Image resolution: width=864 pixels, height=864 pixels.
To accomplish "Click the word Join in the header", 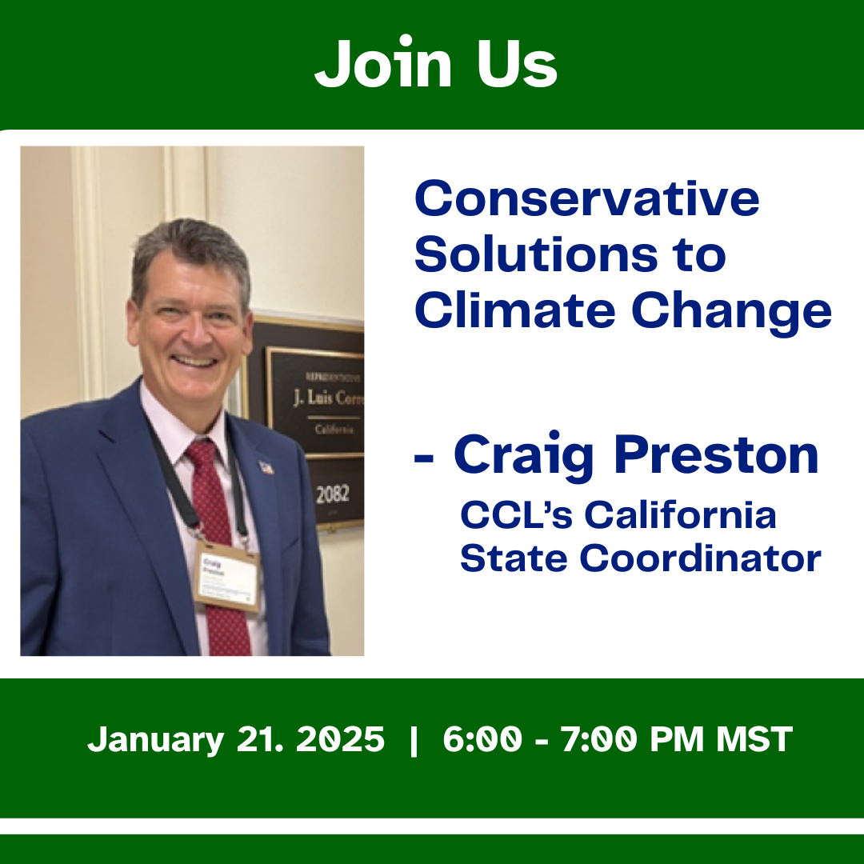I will coord(381,64).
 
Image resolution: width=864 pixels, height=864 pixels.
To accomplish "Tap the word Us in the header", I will coord(517,64).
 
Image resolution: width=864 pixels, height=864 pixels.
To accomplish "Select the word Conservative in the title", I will coord(586,198).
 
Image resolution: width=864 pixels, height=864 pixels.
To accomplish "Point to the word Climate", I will coord(515,310).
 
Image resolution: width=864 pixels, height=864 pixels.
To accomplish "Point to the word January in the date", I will coord(156,740).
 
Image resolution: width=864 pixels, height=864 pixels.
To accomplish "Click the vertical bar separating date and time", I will coord(413,740).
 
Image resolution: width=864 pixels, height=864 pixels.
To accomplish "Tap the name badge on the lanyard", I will coord(227,576).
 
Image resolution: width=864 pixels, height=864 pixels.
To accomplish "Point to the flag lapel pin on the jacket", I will coord(266,466).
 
